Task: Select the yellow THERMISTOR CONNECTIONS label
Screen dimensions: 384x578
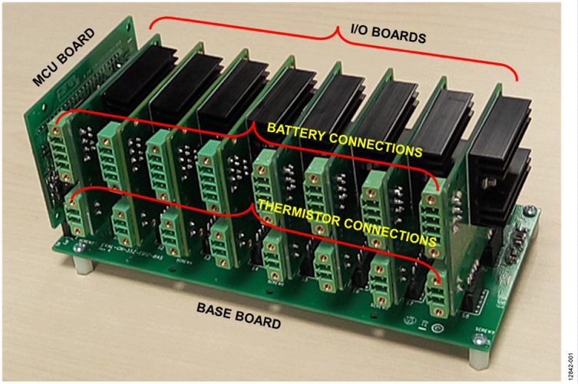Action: click(x=344, y=220)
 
